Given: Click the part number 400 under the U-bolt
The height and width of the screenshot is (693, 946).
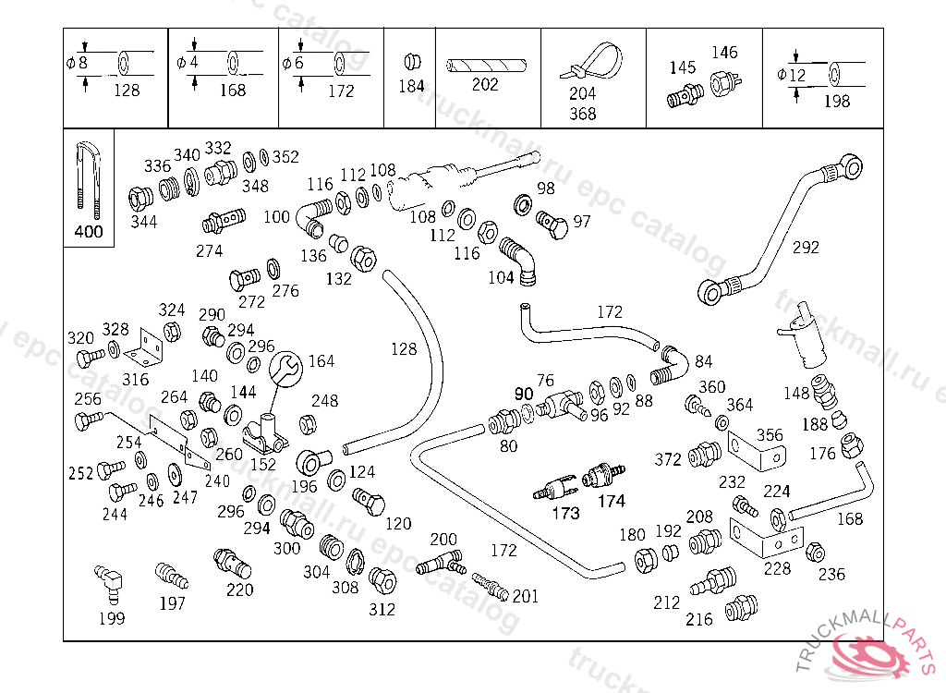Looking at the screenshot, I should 89,232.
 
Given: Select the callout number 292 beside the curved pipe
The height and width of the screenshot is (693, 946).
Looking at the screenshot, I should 806,248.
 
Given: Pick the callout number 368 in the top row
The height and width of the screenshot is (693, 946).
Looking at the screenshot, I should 582,114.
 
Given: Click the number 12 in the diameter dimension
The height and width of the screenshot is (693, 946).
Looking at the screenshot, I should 798,75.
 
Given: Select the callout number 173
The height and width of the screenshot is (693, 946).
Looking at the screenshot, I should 565,514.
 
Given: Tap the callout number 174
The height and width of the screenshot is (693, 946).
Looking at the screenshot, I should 612,502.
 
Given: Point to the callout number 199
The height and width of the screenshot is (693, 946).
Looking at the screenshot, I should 111,618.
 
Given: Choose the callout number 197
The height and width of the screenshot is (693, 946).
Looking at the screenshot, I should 172,603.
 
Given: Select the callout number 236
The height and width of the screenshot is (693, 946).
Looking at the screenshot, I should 831,574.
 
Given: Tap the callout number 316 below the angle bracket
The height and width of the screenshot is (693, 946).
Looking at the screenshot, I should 135,380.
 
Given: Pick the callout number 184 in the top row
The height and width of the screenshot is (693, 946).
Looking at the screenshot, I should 411,86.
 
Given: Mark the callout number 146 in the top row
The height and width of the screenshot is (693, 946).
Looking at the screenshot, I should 724,53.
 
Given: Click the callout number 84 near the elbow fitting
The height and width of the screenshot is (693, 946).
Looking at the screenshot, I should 704,360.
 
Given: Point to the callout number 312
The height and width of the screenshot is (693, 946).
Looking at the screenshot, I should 382,609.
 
